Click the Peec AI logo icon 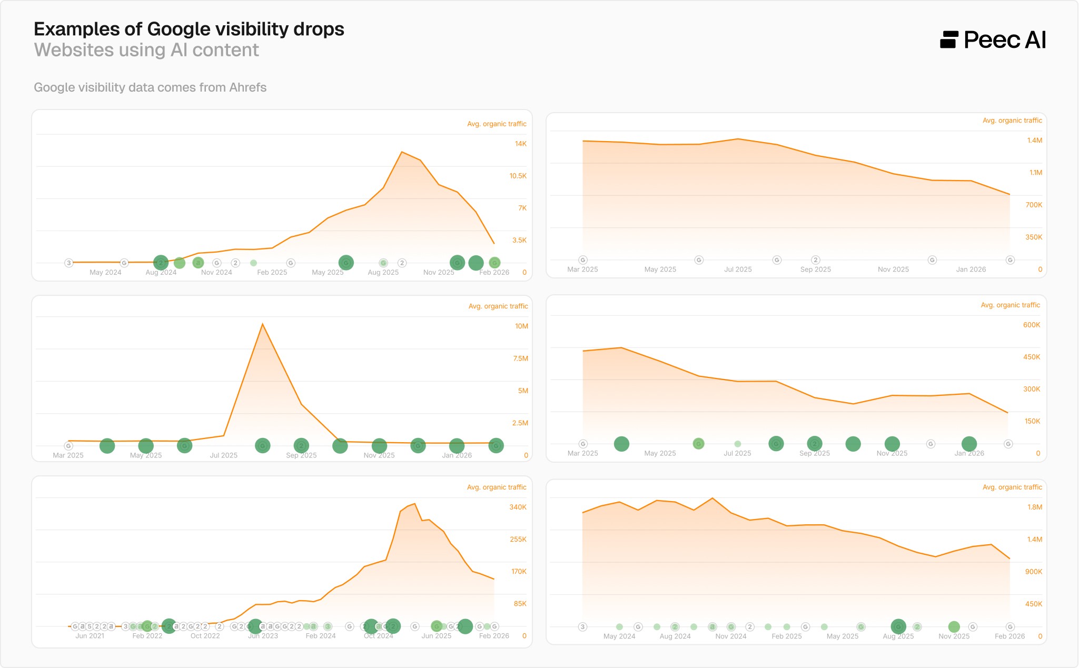tap(948, 40)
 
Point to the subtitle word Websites tap(74, 50)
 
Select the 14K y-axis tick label tap(520, 144)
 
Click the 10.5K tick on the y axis tap(518, 176)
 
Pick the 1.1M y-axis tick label tap(1035, 173)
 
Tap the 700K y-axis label tap(1034, 205)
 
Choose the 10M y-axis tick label tap(521, 326)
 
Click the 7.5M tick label tap(520, 358)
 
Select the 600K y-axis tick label tap(1032, 325)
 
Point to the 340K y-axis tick tap(518, 507)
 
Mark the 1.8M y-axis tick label tap(1035, 507)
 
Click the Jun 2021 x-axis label tap(90, 636)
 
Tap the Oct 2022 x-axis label tap(205, 636)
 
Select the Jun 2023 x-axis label tap(263, 636)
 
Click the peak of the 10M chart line tap(262, 324)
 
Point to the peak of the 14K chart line tap(402, 152)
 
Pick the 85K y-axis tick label tap(520, 604)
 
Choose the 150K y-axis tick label tap(1032, 421)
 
